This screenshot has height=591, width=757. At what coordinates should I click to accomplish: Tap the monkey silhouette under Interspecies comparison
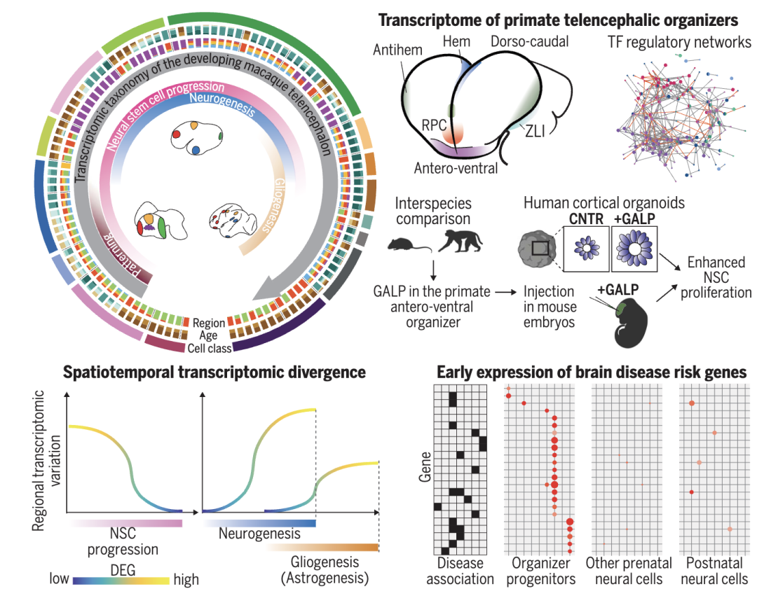(x=460, y=242)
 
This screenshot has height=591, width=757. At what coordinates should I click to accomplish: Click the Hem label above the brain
(x=457, y=43)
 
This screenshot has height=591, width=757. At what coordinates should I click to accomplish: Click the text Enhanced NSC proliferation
(x=715, y=277)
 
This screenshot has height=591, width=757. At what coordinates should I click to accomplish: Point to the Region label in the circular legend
(x=209, y=323)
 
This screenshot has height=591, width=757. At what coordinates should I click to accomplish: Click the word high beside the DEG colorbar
(x=186, y=580)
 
